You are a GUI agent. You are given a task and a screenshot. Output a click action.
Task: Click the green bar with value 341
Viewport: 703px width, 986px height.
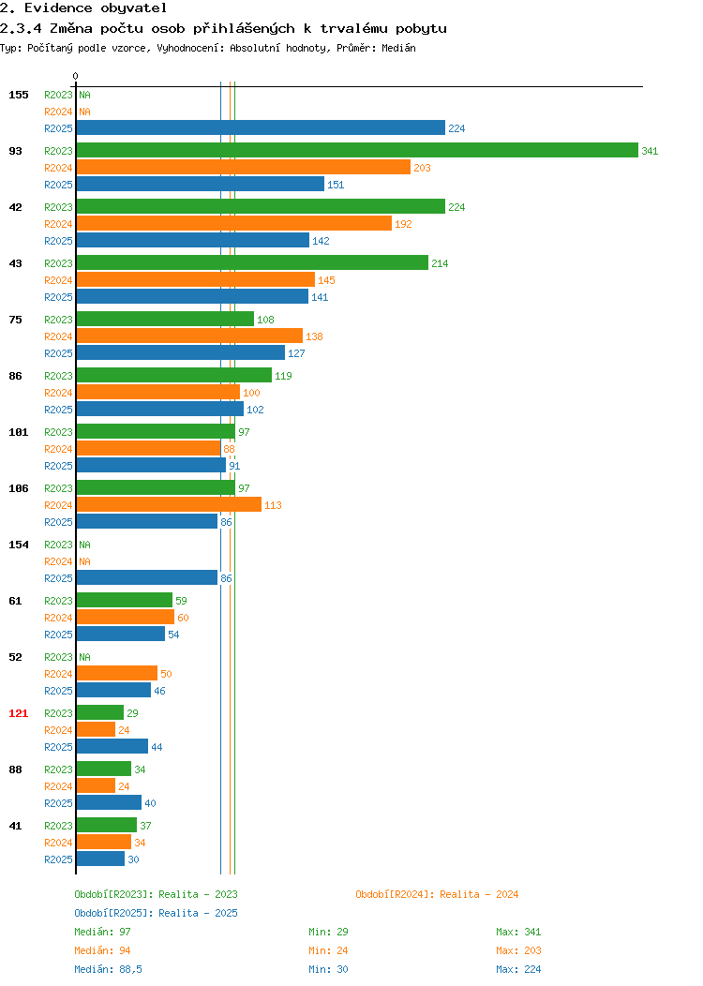tap(357, 150)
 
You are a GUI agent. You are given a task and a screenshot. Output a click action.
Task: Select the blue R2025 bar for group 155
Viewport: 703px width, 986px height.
tap(261, 127)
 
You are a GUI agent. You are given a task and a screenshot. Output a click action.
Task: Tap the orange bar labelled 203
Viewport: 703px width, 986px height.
tap(244, 167)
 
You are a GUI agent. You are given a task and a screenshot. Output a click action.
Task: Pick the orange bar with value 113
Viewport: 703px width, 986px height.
tap(169, 504)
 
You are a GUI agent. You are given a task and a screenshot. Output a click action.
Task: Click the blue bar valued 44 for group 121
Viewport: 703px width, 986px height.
tap(112, 746)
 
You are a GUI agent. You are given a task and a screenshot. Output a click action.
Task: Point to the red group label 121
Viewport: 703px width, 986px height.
tap(18, 713)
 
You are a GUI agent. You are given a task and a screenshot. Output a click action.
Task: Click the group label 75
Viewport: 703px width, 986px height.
tap(15, 320)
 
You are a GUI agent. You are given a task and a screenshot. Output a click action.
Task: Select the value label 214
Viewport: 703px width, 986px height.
tap(440, 263)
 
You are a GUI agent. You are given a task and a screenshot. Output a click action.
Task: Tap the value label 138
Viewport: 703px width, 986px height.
tap(314, 336)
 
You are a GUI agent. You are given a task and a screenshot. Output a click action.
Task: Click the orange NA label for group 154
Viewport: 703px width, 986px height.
tap(85, 561)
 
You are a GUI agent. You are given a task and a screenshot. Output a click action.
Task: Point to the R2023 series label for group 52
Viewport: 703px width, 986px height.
tap(58, 657)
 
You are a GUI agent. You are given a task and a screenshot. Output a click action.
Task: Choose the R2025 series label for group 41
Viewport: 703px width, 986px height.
tap(58, 859)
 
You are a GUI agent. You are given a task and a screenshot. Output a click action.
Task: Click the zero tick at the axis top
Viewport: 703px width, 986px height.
tap(76, 76)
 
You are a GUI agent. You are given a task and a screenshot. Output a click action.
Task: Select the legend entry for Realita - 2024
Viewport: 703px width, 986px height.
tap(437, 894)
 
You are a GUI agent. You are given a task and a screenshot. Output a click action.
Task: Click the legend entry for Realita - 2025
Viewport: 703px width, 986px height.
tap(156, 913)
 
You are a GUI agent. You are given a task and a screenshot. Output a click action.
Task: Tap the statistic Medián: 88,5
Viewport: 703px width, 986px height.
tap(108, 969)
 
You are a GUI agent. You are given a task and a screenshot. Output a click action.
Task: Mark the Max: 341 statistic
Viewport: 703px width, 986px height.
tap(518, 932)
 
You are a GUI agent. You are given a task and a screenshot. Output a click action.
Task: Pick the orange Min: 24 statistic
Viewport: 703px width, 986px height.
tap(328, 950)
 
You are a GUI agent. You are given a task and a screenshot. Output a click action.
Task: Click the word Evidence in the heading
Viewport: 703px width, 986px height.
tap(58, 8)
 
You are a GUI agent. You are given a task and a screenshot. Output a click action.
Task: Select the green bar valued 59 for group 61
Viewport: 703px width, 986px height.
tap(125, 600)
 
